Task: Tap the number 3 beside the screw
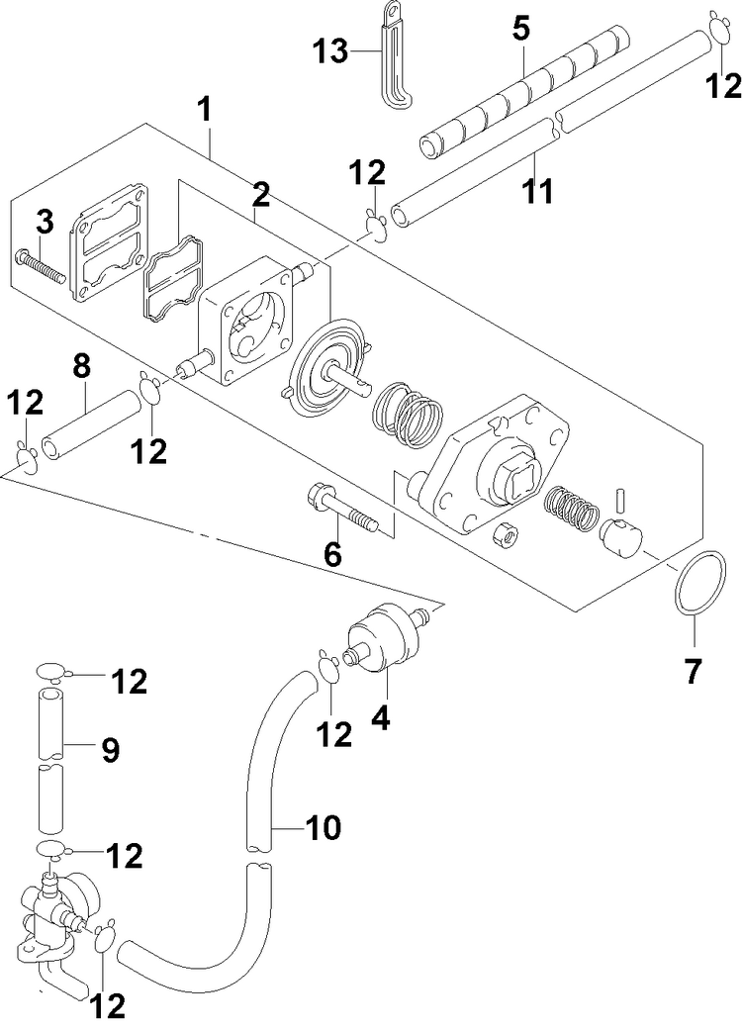point(44,224)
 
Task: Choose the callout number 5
point(520,28)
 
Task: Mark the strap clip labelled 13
point(392,59)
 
